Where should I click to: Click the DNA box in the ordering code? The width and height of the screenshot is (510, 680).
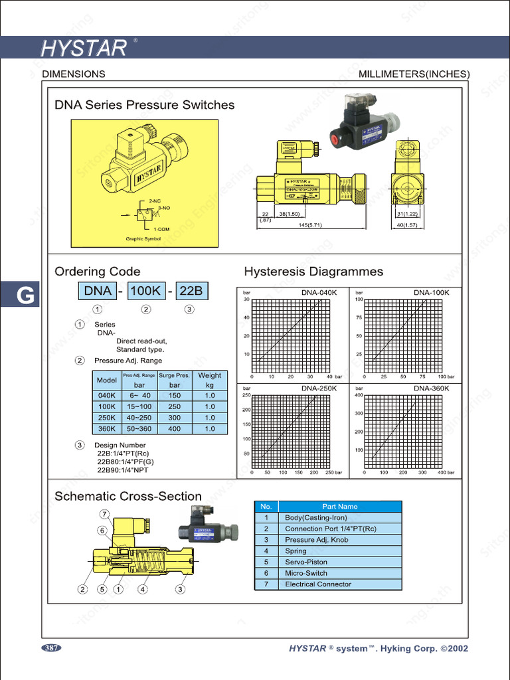click(x=98, y=291)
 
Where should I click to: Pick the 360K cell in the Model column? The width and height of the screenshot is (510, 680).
click(x=107, y=429)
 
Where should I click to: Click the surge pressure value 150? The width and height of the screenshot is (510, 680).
click(x=175, y=396)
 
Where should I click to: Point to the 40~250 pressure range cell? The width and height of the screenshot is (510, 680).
click(x=139, y=418)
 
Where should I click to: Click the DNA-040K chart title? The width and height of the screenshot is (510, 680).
click(x=319, y=292)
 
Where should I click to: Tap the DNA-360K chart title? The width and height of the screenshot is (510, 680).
click(x=432, y=388)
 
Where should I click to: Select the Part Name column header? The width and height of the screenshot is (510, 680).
click(x=339, y=507)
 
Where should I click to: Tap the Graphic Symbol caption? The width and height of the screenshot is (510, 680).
click(x=143, y=239)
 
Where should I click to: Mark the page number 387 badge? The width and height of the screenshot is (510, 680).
click(x=51, y=647)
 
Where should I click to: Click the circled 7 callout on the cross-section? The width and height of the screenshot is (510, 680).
click(x=105, y=514)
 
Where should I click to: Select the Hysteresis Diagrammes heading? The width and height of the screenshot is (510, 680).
click(x=313, y=272)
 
